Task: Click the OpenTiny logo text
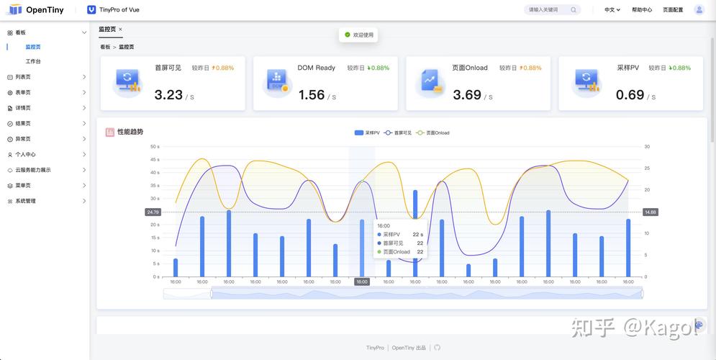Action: pos(45,10)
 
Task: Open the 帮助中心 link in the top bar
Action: pos(642,10)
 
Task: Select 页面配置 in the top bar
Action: pos(673,10)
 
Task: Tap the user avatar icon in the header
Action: pos(699,10)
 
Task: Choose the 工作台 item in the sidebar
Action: pos(33,61)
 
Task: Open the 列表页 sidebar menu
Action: pos(23,77)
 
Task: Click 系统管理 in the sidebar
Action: pos(25,201)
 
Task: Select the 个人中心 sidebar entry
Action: pos(25,154)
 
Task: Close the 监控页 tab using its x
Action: pos(120,30)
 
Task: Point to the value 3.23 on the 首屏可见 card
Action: pos(168,94)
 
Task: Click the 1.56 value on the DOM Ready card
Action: pos(312,94)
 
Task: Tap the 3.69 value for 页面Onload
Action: pos(467,94)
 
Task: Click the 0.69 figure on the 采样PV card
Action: pos(630,94)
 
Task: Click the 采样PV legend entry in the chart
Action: pos(367,133)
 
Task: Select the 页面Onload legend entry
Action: pos(433,133)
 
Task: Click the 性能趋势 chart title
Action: pos(130,132)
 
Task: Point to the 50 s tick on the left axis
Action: pos(154,146)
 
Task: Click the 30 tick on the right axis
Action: pos(647,146)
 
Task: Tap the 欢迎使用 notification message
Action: pos(358,35)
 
